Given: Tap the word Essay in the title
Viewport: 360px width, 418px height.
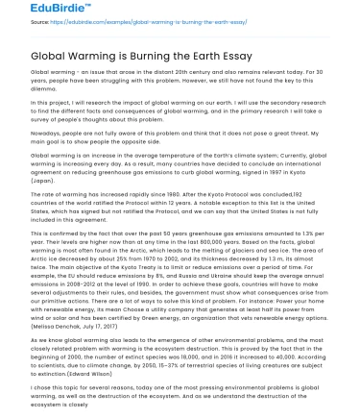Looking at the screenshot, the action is pyautogui.click(x=234, y=55).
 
